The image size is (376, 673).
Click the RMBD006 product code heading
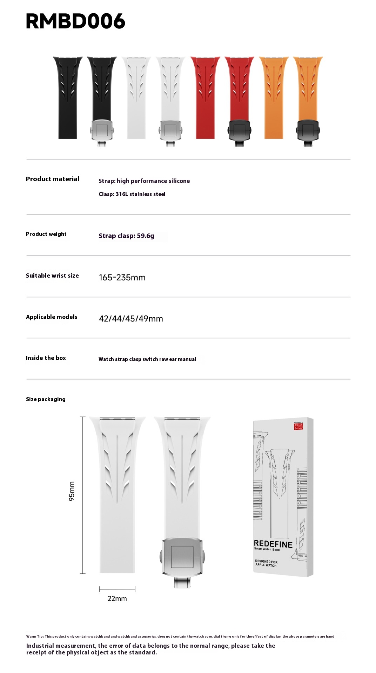coord(75,21)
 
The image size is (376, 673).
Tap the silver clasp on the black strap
coord(102,130)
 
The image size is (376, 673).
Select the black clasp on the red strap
coord(239,130)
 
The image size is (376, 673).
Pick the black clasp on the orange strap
coord(308,130)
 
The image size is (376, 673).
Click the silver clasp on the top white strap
coord(170,130)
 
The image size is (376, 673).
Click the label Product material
coord(53,179)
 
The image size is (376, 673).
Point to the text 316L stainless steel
coord(140,194)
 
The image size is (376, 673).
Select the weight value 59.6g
coord(146,236)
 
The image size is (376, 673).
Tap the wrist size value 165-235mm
coord(122,278)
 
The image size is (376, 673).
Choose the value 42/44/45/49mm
coord(131,319)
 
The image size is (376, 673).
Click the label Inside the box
coord(46,358)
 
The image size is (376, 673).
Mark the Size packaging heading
coord(46,399)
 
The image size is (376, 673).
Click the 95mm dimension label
coord(72,491)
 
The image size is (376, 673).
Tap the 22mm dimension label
coord(117,599)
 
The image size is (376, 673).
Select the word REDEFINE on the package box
coord(273,544)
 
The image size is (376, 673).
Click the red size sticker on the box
coord(298,426)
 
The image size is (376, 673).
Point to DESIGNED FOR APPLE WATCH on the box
coord(266,563)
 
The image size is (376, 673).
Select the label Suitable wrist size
coord(52,276)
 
